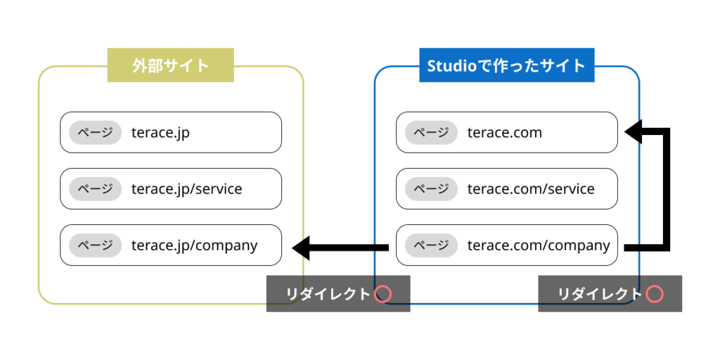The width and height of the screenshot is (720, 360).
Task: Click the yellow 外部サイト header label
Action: coord(170,65)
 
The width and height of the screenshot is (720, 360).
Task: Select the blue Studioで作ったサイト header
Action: coord(506,65)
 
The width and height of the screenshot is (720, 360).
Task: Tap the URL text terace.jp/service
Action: coord(186,189)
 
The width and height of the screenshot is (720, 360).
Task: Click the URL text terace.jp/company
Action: coord(194,245)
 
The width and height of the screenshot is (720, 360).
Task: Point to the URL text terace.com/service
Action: coord(531,189)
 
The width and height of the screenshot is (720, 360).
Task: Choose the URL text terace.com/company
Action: coord(539,245)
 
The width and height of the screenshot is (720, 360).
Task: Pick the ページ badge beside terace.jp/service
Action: coord(95,188)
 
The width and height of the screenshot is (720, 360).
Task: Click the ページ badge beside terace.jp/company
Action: coord(95,245)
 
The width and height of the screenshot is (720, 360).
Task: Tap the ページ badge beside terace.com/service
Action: coord(431,188)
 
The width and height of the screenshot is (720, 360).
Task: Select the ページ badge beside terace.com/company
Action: coord(431,245)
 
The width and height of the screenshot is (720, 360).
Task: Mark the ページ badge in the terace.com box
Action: coord(431,132)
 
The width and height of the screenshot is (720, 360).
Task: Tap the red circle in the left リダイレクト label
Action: coord(383,294)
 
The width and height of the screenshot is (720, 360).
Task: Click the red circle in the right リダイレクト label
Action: coord(655,294)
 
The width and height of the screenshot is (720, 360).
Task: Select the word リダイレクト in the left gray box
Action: coord(328,294)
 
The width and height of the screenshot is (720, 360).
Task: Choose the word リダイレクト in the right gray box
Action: coord(600,294)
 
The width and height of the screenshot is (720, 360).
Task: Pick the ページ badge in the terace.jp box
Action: coord(95,132)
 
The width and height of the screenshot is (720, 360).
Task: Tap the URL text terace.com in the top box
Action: coord(505,133)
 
